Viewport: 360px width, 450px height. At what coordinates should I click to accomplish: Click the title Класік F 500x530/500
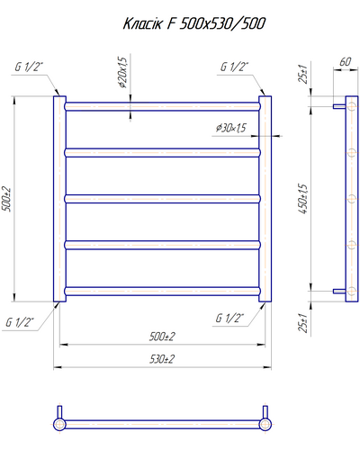click(194, 23)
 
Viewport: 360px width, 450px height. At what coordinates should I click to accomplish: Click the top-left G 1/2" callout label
click(29, 67)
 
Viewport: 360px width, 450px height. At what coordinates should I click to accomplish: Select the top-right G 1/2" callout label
click(235, 67)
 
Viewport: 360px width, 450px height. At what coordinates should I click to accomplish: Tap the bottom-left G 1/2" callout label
click(20, 322)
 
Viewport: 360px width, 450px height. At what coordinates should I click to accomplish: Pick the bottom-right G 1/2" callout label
click(229, 318)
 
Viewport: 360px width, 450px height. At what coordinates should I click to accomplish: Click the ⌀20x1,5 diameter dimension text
click(123, 72)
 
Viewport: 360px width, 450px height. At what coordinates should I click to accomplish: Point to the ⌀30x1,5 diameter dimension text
click(231, 128)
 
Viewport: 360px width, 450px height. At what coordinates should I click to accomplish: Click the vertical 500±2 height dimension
click(6, 200)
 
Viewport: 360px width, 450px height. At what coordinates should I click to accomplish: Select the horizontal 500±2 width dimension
click(162, 337)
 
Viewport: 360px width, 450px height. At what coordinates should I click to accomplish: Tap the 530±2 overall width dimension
click(162, 359)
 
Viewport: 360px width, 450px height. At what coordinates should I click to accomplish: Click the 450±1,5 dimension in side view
click(303, 199)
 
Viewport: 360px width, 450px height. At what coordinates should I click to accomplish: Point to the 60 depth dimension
click(345, 62)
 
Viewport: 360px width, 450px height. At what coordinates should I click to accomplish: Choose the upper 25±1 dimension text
click(303, 74)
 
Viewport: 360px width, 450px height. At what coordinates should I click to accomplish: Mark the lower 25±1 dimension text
click(303, 322)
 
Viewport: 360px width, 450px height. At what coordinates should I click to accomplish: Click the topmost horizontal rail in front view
click(162, 106)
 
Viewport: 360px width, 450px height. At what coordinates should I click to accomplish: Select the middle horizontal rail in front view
click(162, 199)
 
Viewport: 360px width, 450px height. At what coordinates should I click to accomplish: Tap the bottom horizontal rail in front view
click(162, 292)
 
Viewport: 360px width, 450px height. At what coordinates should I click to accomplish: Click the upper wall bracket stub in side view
click(339, 106)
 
